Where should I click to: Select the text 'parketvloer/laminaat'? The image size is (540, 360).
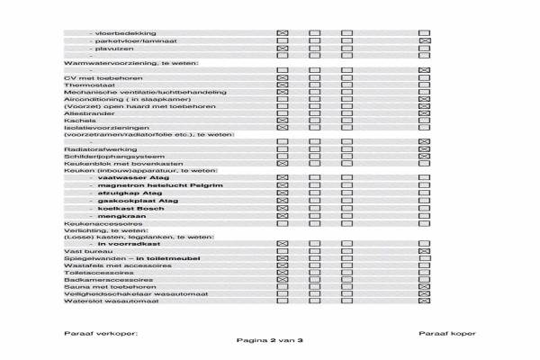(x=121, y=40)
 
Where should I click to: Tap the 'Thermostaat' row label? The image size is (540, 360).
(x=85, y=85)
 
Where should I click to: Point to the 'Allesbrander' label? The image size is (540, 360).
(x=84, y=113)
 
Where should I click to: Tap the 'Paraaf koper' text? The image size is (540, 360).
(x=447, y=334)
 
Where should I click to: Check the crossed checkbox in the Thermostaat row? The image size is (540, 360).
(x=283, y=85)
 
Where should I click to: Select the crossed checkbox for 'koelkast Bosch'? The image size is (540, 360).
(x=283, y=209)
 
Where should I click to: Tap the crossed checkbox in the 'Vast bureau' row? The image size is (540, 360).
(x=283, y=251)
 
